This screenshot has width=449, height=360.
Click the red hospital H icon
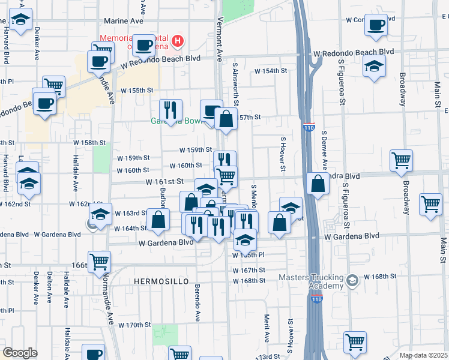tap(178, 41)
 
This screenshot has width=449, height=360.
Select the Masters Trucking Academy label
tap(311, 281)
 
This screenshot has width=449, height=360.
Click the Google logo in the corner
tap(19, 353)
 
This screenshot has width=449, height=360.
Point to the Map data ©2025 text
tap(423, 355)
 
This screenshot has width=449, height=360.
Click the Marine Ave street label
tap(124, 20)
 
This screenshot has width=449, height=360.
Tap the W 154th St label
tap(271, 71)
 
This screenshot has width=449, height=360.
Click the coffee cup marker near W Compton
tap(376, 25)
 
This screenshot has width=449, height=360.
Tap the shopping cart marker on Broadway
tap(401, 160)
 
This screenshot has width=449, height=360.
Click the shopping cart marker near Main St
tap(430, 204)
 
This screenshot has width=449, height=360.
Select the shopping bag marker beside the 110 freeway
tap(318, 184)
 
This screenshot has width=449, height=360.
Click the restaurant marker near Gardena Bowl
tap(170, 110)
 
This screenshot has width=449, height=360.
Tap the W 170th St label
tap(133, 325)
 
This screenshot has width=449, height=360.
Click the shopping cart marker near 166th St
tap(99, 262)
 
